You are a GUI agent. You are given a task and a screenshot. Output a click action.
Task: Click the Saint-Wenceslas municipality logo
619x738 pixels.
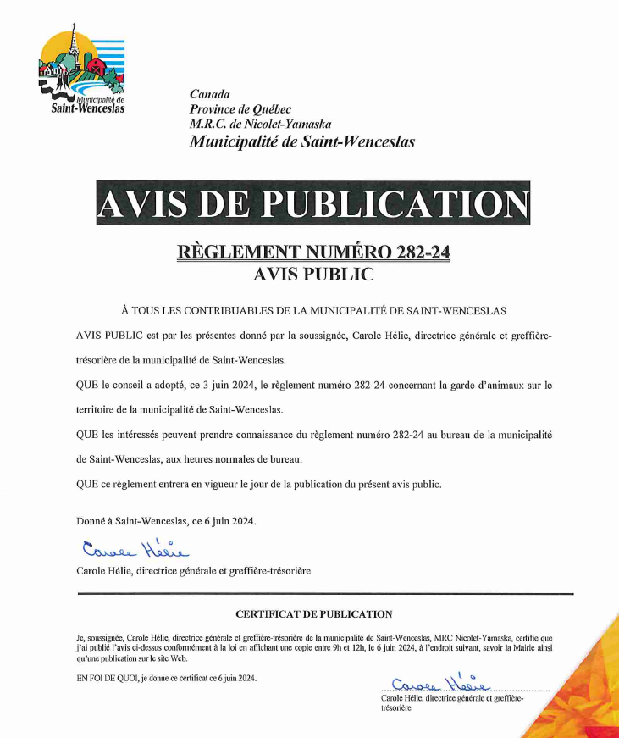coord(82,73)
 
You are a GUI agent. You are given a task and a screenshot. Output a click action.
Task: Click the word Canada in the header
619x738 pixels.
coord(209,94)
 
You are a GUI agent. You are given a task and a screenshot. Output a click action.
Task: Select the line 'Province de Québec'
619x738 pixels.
coord(240,109)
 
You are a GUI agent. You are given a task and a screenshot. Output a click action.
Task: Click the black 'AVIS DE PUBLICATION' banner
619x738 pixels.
coord(312,204)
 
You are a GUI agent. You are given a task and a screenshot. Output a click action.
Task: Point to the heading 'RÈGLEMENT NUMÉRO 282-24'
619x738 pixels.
coord(312,252)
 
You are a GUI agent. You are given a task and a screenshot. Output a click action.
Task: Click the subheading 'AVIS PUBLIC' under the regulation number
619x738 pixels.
coord(312,274)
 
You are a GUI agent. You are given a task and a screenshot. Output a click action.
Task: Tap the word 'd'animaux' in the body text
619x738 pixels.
coord(481,386)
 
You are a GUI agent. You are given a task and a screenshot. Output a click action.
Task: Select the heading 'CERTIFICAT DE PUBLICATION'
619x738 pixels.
coord(313,613)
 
